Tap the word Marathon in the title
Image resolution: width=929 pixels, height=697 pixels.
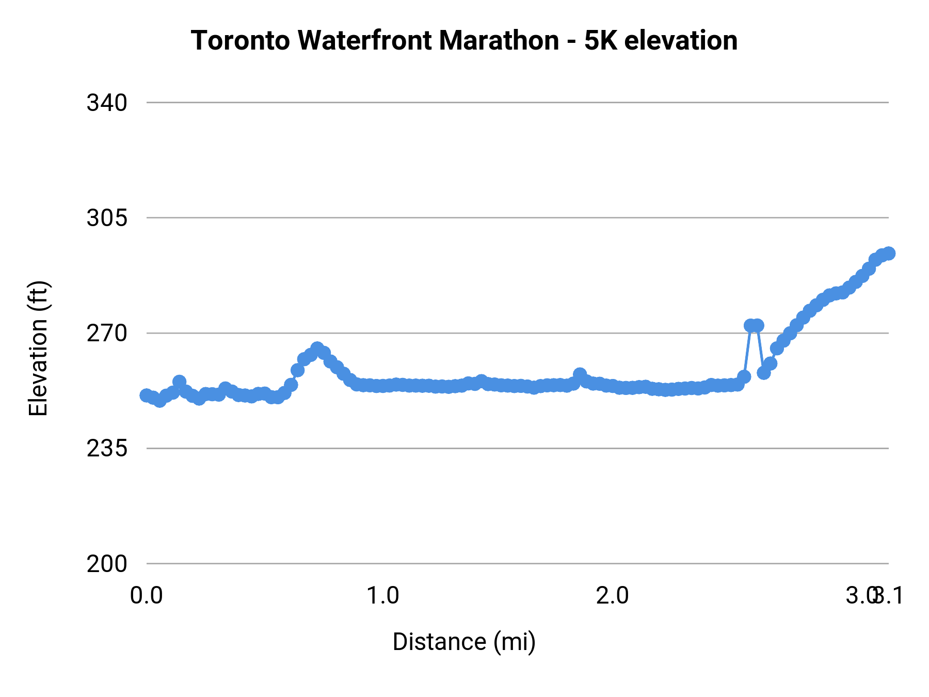pyautogui.click(x=499, y=40)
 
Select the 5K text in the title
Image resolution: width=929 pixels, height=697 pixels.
pyautogui.click(x=601, y=40)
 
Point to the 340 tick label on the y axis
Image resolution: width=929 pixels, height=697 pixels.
pyautogui.click(x=107, y=103)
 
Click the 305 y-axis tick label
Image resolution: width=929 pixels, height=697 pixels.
pyautogui.click(x=107, y=218)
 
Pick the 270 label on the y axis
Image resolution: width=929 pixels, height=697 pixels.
pyautogui.click(x=107, y=333)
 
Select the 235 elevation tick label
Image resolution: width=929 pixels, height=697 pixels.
pyautogui.click(x=107, y=448)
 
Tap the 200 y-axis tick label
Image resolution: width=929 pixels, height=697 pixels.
pyautogui.click(x=107, y=563)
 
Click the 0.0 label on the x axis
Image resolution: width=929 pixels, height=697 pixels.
pyautogui.click(x=147, y=595)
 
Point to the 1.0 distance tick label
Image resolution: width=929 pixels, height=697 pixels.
pyautogui.click(x=382, y=595)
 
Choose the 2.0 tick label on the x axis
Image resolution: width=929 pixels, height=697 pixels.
pyautogui.click(x=612, y=595)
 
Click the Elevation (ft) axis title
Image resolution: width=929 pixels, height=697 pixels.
pyautogui.click(x=38, y=348)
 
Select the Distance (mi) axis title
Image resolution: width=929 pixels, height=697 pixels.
pyautogui.click(x=464, y=642)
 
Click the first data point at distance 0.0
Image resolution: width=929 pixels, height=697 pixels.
pyautogui.click(x=147, y=395)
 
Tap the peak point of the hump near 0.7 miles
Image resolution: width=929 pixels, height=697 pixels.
pyautogui.click(x=317, y=348)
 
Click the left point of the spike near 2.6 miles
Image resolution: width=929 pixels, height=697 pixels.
pyautogui.click(x=750, y=325)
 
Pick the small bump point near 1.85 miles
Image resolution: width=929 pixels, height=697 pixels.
pyautogui.click(x=580, y=374)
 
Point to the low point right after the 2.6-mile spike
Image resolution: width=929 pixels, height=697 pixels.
pyautogui.click(x=764, y=372)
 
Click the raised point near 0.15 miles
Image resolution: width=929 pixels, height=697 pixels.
pyautogui.click(x=179, y=382)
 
